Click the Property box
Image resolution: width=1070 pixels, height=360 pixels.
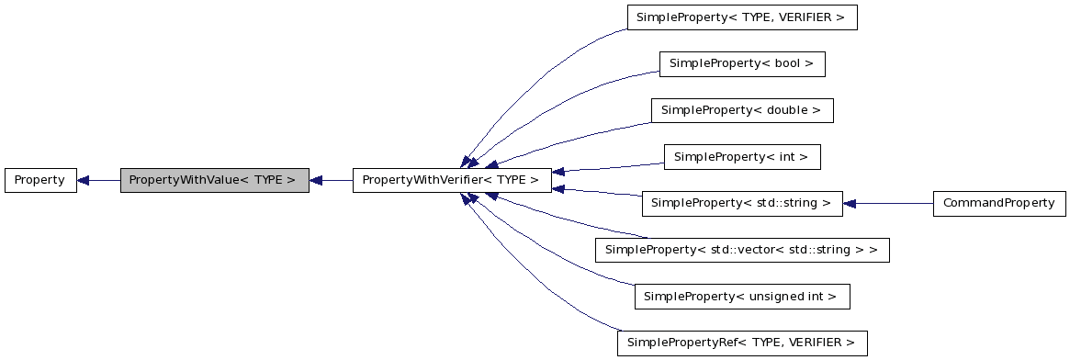pos(39,180)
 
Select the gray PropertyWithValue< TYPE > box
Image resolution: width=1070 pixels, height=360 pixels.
pos(214,180)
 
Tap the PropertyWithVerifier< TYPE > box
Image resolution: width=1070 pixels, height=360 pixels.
pos(451,180)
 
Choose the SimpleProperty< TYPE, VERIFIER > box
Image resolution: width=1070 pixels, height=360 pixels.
pos(740,17)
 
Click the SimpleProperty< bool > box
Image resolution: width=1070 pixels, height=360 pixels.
pos(741,63)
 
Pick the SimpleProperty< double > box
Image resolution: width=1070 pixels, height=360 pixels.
pos(741,110)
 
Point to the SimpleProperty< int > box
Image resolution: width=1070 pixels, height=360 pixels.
pos(741,157)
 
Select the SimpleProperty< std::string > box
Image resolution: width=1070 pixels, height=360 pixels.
pos(741,203)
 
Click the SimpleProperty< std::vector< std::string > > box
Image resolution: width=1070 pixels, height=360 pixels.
pos(741,250)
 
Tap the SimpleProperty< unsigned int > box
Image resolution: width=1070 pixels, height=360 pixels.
pos(741,297)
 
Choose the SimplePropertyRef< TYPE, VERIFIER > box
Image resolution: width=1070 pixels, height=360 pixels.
pos(741,343)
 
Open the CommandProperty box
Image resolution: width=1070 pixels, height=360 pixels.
pos(998,203)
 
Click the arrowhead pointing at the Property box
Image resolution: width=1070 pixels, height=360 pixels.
pos(83,180)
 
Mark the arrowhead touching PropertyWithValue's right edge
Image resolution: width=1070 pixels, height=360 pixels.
pos(316,180)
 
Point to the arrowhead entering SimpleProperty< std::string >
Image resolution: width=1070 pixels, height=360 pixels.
pos(850,203)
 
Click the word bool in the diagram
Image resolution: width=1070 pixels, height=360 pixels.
pos(790,63)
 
